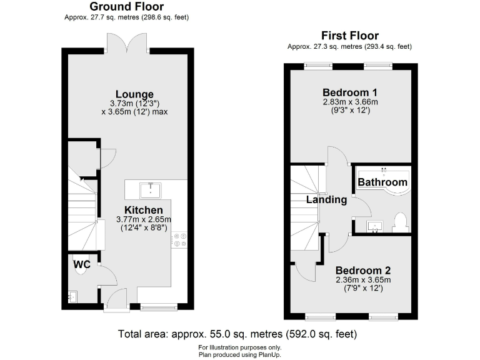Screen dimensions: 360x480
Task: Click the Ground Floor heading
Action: tap(126, 6)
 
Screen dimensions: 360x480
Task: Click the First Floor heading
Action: tap(349, 36)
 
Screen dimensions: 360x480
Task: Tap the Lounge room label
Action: tap(134, 94)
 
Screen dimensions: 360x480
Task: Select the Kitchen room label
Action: tap(143, 210)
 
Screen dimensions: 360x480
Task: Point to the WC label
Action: tap(82, 264)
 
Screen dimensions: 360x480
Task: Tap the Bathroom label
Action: tap(382, 182)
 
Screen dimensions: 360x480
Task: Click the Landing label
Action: tap(326, 200)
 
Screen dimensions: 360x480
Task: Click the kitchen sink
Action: tap(150, 188)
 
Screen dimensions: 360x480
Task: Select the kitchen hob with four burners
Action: tap(180, 239)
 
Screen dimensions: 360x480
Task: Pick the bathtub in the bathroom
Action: tap(382, 180)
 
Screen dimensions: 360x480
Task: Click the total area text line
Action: tap(240, 334)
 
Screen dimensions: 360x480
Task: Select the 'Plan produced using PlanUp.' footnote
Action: tap(240, 354)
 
